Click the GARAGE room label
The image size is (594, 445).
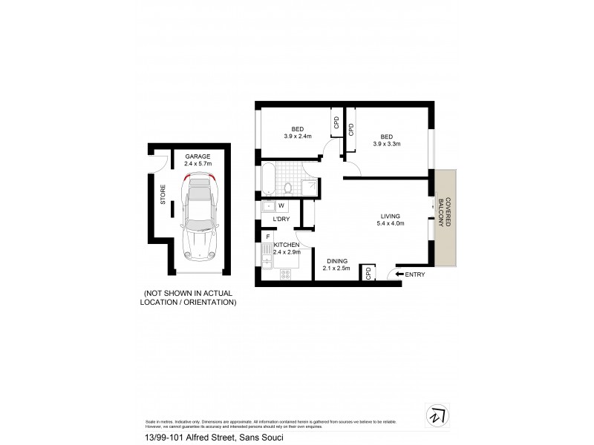198,156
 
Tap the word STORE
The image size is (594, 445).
163,194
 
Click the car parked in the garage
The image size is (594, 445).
198,216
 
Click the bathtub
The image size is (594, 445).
267,179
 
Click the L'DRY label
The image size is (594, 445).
281,220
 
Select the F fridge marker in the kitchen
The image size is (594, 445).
267,237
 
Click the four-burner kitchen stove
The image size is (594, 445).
285,274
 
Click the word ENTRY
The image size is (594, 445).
415,274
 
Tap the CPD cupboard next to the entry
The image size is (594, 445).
368,273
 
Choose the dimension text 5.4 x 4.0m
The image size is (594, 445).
391,223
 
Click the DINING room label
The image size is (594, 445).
337,261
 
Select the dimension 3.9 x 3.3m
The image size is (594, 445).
386,144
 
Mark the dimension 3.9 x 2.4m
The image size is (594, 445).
297,136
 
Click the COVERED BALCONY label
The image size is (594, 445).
443,211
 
